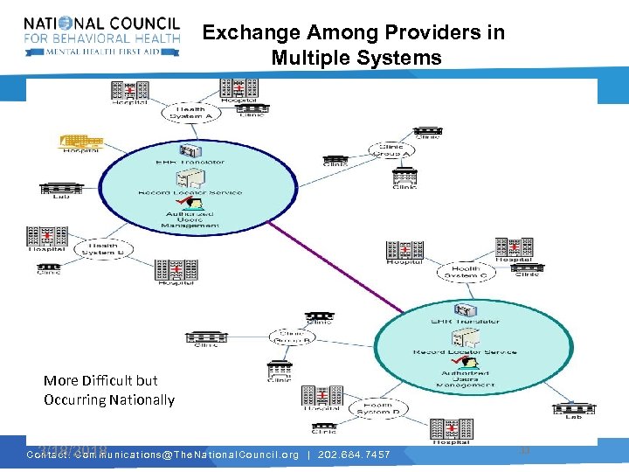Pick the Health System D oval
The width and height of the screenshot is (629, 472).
point(377,407)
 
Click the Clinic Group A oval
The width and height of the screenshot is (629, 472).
point(392,150)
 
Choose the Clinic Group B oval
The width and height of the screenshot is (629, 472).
point(294,337)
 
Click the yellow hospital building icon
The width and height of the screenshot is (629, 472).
point(80,142)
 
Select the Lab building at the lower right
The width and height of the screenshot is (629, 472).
point(573,408)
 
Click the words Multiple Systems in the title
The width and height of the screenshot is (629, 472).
point(356,58)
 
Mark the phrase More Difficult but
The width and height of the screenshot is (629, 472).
point(100,380)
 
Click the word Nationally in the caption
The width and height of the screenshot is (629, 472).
point(142,399)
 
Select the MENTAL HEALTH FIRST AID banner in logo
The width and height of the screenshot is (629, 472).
point(102,52)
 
